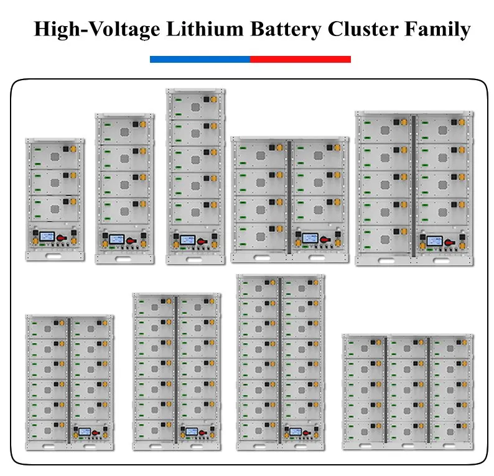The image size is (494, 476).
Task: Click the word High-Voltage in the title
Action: pos(96,29)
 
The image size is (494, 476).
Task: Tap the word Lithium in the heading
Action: pos(205,29)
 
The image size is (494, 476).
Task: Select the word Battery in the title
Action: pos(286,29)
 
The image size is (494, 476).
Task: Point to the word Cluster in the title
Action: pos(363,29)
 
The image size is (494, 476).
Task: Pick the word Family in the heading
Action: pos(437,29)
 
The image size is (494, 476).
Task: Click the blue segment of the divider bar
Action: pos(200,59)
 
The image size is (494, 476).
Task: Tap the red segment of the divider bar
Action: pos(301,59)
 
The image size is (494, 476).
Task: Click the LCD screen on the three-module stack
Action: pos(47,236)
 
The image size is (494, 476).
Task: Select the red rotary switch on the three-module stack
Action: pos(62,238)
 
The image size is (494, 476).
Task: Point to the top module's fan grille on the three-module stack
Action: pos(55,157)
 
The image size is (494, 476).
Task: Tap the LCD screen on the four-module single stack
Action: pos(117,239)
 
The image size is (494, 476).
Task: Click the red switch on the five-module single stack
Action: pos(202,241)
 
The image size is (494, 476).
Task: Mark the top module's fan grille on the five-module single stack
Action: pos(195,108)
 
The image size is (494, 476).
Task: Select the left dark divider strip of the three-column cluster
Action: pos(386,390)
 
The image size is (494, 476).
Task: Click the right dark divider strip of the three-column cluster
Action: pos(429,390)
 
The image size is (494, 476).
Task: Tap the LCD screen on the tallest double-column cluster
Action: pos(296,431)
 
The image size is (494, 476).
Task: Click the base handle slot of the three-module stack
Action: pos(54,256)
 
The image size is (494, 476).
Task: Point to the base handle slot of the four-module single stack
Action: pos(123,259)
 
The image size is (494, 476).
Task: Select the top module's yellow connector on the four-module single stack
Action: pos(142,124)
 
